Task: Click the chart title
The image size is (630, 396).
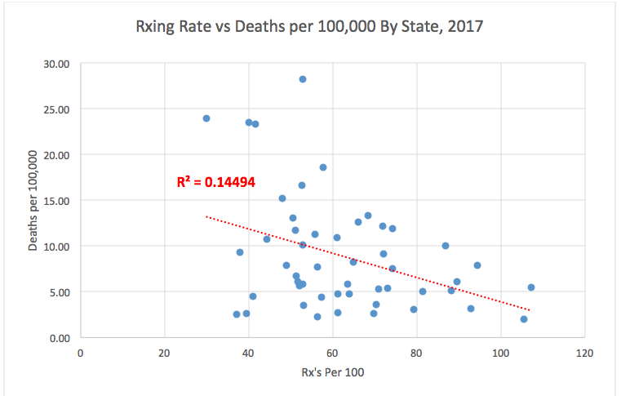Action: click(309, 27)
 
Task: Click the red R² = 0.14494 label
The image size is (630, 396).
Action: click(216, 182)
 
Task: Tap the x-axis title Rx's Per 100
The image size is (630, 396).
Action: click(332, 373)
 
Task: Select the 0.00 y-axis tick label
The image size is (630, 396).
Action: click(58, 338)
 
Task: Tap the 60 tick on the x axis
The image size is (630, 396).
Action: click(332, 354)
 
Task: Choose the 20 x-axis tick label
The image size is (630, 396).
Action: click(165, 354)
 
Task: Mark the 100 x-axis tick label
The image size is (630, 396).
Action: click(500, 354)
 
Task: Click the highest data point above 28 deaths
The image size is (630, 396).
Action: click(302, 79)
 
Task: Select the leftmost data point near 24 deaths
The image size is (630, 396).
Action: click(206, 118)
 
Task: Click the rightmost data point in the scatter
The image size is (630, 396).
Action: click(531, 287)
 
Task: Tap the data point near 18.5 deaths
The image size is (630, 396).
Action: click(323, 167)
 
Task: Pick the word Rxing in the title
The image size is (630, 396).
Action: click(156, 27)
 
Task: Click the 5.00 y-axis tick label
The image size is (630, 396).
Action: click(58, 292)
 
